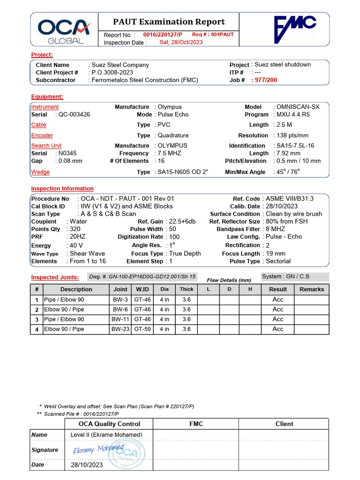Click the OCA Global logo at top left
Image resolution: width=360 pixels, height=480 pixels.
[64, 31]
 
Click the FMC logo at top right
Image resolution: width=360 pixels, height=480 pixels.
[295, 30]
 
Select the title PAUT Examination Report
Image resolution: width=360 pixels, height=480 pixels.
[169, 22]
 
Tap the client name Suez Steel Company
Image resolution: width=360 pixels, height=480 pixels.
[120, 65]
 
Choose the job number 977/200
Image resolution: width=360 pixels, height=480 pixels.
[266, 80]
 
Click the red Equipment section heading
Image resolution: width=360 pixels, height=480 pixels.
[47, 97]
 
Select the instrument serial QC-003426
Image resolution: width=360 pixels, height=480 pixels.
[74, 114]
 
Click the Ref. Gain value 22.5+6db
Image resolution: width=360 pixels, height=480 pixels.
[182, 221]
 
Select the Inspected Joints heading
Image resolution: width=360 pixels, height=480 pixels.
[55, 277]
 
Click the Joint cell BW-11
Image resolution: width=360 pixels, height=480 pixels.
[120, 319]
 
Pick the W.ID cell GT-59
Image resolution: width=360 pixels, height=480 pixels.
[142, 329]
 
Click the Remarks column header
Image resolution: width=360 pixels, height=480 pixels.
[312, 289]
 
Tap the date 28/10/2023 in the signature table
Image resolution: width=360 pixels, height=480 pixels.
[87, 465]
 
